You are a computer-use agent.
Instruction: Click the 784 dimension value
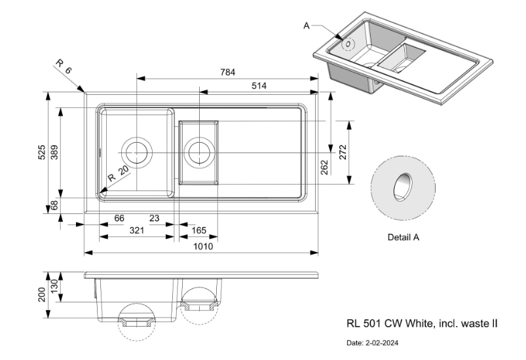click(228, 72)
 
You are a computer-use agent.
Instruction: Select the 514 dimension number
click(258, 86)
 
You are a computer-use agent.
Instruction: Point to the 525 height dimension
click(42, 152)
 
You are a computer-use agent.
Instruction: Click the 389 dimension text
click(55, 152)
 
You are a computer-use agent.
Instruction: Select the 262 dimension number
click(324, 168)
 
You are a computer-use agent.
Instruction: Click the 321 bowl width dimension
click(136, 230)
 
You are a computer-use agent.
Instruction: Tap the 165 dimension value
click(199, 230)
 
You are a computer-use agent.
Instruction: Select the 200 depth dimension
click(43, 295)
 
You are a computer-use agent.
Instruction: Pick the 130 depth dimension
click(55, 287)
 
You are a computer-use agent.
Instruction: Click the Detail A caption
click(404, 238)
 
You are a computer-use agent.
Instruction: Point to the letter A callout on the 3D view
click(306, 26)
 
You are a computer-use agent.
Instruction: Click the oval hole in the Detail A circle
click(402, 187)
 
